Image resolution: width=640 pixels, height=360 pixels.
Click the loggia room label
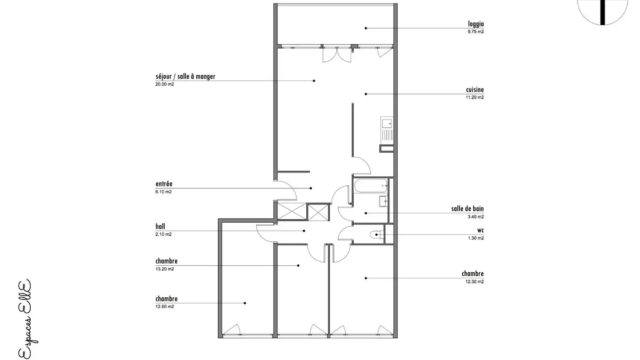tap(476, 24)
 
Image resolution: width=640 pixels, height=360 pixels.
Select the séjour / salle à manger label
tap(185, 76)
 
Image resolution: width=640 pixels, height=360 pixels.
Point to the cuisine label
tap(475, 90)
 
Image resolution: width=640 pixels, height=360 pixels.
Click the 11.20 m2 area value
tap(475, 97)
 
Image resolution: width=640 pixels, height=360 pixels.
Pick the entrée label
tap(164, 184)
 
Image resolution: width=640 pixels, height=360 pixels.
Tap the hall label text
tap(160, 227)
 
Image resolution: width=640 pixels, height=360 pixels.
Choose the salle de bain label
tap(468, 209)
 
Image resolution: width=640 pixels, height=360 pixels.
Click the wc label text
tap(480, 230)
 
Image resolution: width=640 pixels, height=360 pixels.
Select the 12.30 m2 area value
tap(475, 281)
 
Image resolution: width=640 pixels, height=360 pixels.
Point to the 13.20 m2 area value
tap(164, 269)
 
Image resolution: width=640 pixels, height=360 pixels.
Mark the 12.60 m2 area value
tap(164, 307)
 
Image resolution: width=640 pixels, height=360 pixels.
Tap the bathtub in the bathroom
tap(370, 185)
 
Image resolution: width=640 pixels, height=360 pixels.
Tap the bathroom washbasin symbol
tap(384, 201)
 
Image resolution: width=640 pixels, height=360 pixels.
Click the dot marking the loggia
tap(366, 28)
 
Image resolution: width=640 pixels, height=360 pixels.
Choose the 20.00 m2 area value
tap(164, 84)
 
